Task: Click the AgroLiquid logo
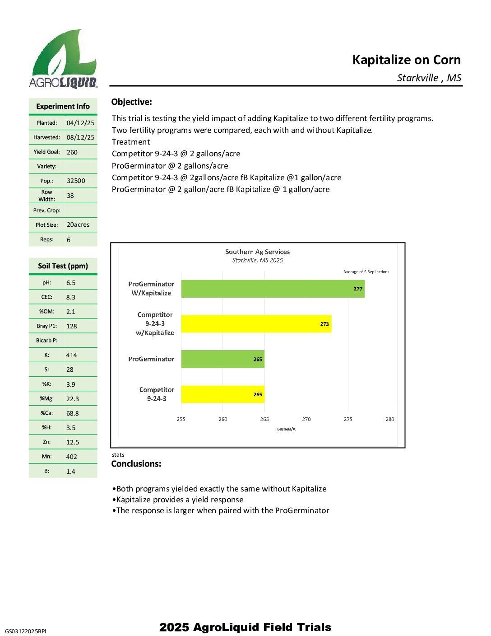coord(63,59)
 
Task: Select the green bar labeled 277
coord(273,289)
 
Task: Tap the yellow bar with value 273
coord(256,324)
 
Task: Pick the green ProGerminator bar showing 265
coord(222,359)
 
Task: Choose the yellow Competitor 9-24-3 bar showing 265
coord(222,394)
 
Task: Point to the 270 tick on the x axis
coord(306,419)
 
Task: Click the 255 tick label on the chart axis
coord(181,419)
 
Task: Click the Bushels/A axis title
coord(286,429)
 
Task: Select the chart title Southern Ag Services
coord(257,252)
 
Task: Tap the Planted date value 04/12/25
coord(80,123)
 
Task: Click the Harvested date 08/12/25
coord(80,137)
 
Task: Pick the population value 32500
coord(76,181)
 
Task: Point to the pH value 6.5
coord(71,283)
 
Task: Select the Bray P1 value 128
coord(71,326)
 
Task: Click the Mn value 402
coord(71,457)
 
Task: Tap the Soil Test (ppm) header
coord(63,266)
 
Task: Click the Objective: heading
coord(132,102)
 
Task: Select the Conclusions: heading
coord(136,464)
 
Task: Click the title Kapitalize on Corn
coord(406,60)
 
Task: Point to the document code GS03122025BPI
coord(26,631)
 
